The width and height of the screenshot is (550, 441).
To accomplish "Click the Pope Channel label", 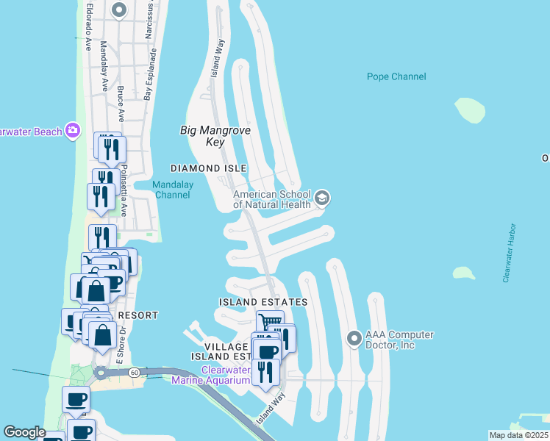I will click(x=396, y=76).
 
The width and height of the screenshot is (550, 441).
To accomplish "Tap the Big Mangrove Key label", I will click(x=215, y=136).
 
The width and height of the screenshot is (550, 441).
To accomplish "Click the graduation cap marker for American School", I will click(x=322, y=198).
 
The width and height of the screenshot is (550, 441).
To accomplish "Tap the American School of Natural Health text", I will click(x=271, y=199).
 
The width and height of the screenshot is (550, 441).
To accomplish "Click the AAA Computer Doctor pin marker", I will click(x=354, y=339).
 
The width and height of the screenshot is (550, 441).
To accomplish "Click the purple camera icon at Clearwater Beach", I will click(x=72, y=130).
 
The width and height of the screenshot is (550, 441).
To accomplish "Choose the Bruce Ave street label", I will click(x=120, y=104).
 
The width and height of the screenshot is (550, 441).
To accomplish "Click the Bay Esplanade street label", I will click(x=151, y=74).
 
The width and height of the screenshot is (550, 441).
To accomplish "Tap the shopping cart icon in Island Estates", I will click(x=271, y=322).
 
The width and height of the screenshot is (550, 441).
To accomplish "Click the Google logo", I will click(x=24, y=432).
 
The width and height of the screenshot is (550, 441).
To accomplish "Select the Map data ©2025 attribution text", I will click(x=518, y=435).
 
